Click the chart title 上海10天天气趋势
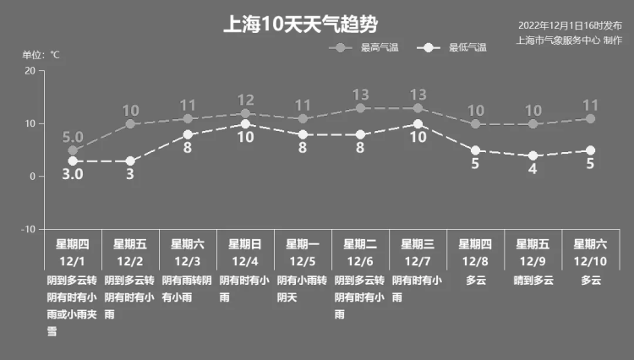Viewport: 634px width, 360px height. pos(300,25)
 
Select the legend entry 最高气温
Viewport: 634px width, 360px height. pos(363,47)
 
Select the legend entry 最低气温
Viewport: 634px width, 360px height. pos(452,47)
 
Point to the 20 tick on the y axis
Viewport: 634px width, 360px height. pos(30,71)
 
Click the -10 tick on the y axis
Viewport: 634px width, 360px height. pos(28,229)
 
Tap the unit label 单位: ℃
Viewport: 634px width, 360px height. pos(41,55)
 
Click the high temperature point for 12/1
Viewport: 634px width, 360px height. pos(73,150)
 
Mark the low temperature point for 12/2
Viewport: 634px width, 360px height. pos(130,161)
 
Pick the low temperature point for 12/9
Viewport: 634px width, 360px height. pos(533,155)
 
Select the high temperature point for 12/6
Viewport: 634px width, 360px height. pos(360,108)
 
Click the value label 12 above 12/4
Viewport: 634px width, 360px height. pos(245,100)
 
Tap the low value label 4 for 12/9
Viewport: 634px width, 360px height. pos(533,169)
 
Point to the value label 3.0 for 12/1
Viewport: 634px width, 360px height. pos(73,174)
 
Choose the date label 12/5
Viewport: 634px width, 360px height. pos(303,261)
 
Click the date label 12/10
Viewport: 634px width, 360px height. pos(590,261)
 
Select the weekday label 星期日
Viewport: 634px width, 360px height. pos(245,244)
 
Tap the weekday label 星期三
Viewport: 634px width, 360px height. pos(418,244)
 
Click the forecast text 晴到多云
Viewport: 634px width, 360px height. pos(533,280)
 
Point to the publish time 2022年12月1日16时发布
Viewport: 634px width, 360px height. pos(570,25)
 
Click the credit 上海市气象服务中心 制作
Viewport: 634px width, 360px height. pos(569,41)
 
